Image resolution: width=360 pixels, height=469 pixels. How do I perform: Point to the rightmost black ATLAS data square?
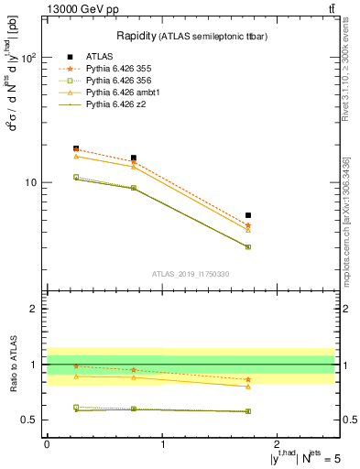point(248,215)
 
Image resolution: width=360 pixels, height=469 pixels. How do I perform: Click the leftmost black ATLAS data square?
point(76,148)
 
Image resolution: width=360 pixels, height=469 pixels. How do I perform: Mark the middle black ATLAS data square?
point(134,158)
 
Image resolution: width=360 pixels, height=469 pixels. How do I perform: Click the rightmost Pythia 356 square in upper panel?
point(248,247)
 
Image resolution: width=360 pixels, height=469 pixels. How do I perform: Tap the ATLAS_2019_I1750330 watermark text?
point(191,274)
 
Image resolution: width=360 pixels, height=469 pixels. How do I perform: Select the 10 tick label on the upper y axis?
point(31,182)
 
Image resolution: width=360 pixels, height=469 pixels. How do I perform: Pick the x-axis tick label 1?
point(162,443)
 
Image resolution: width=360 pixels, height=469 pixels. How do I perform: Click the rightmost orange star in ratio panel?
point(248,379)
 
